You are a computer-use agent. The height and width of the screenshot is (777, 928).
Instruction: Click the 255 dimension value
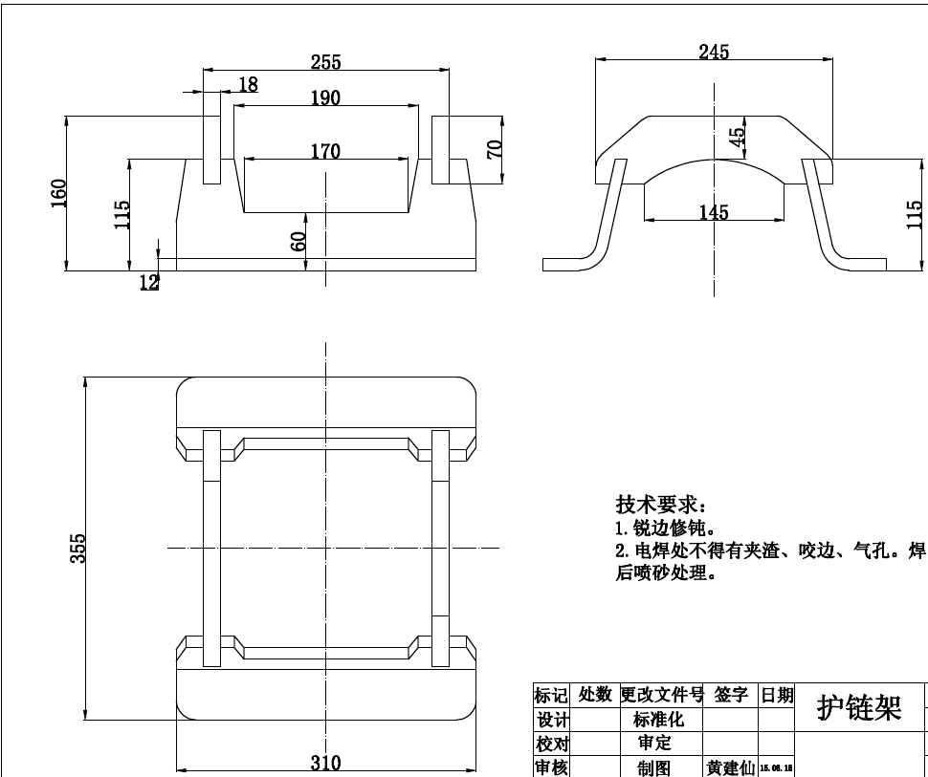(325, 62)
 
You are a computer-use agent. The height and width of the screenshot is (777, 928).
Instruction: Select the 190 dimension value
(325, 97)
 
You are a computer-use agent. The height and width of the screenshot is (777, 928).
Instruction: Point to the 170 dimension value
(325, 151)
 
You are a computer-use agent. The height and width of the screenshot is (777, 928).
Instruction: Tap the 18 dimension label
(248, 84)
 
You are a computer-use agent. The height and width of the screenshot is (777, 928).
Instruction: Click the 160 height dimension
(58, 193)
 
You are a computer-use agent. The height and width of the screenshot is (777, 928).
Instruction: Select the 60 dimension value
(298, 241)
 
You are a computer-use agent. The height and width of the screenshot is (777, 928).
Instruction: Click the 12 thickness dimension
(149, 281)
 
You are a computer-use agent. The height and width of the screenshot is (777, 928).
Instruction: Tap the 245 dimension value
(713, 52)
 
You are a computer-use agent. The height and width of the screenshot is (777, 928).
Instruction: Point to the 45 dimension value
(737, 138)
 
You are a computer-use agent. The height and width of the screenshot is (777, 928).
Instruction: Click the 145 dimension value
(713, 211)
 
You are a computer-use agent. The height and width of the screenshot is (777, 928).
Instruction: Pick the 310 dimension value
(325, 763)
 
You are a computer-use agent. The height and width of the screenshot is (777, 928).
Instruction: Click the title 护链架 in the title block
(858, 708)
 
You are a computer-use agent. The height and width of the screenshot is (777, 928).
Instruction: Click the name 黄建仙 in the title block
(730, 767)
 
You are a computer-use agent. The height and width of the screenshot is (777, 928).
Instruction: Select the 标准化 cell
(659, 720)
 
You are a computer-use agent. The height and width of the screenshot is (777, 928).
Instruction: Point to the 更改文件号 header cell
(662, 695)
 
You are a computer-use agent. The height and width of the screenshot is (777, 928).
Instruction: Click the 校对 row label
(552, 744)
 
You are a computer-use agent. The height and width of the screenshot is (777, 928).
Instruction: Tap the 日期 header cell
(777, 695)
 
